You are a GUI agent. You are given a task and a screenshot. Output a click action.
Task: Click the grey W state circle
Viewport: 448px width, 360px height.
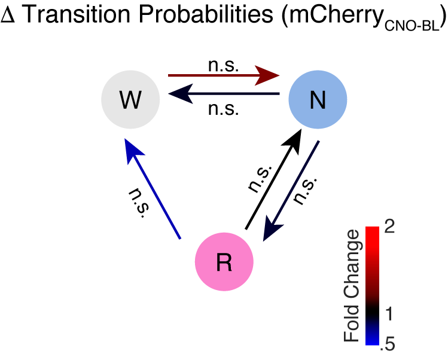(x=130, y=100)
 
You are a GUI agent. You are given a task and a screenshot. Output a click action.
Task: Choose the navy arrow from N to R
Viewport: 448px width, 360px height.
(x=292, y=187)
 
